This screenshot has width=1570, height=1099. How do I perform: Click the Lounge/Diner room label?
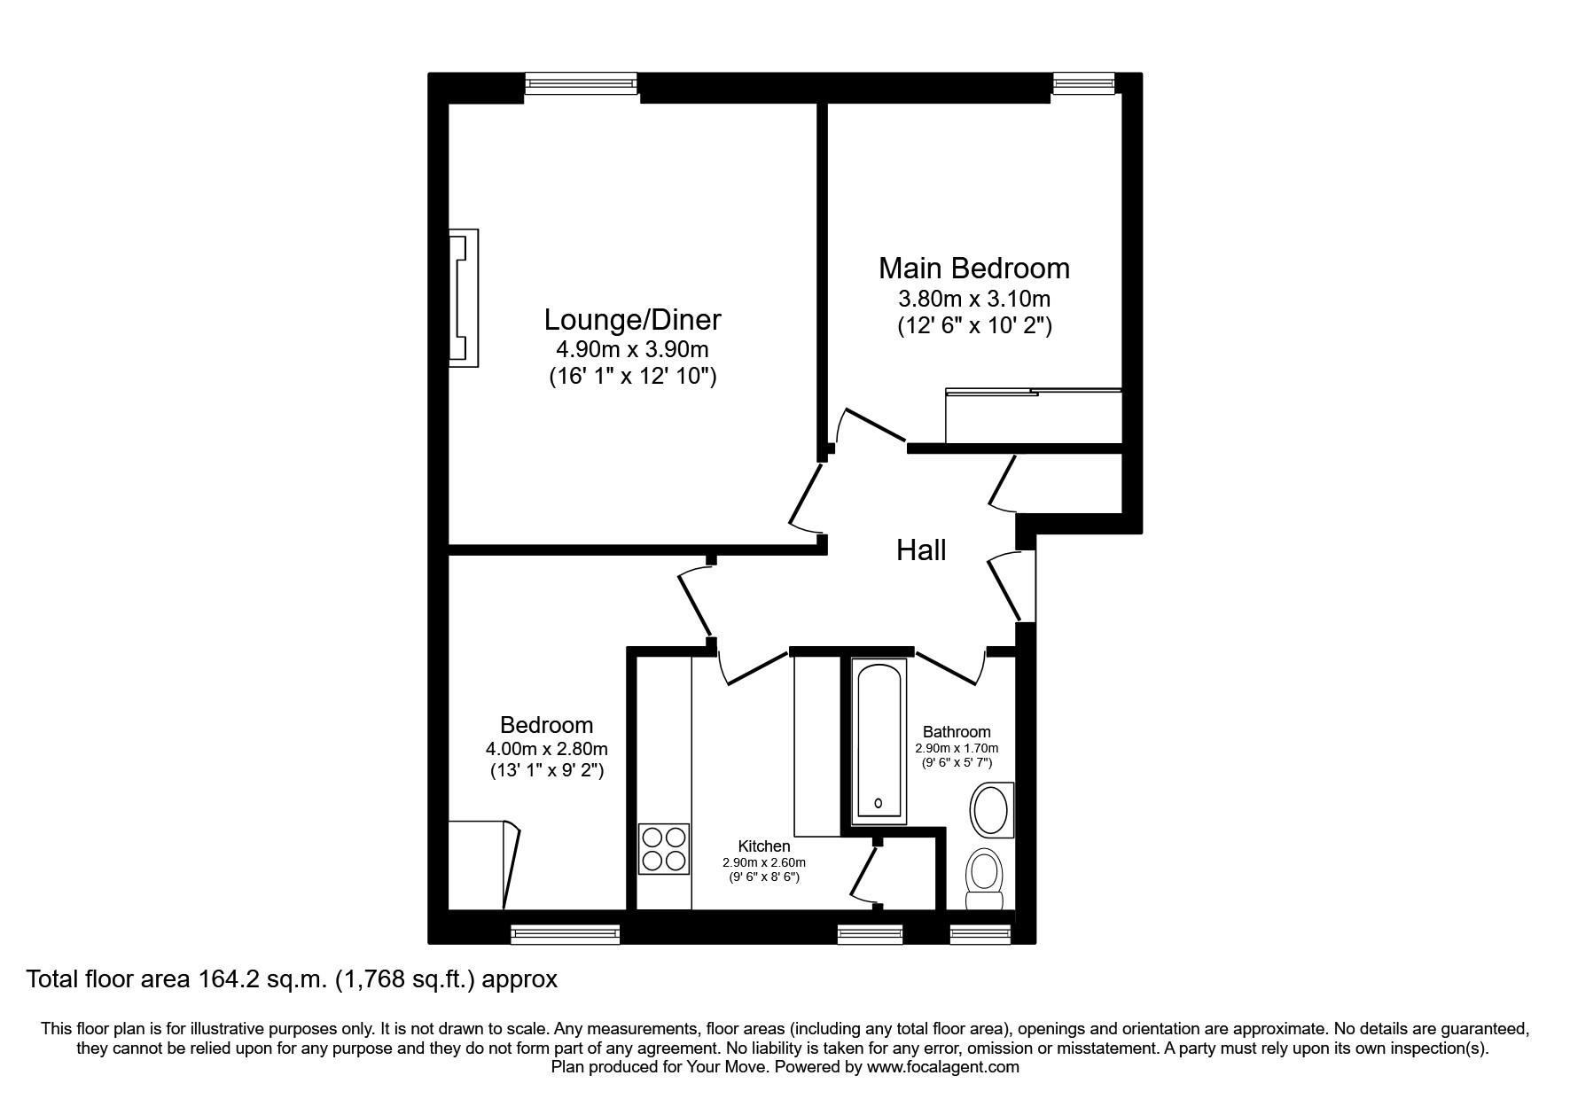pyautogui.click(x=632, y=319)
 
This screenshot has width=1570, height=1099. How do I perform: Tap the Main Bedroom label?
pyautogui.click(x=974, y=268)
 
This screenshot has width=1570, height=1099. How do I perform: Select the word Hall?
pyautogui.click(x=921, y=550)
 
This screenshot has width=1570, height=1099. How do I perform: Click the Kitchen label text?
pyautogui.click(x=764, y=846)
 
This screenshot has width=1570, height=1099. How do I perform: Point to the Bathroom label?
pyautogui.click(x=957, y=732)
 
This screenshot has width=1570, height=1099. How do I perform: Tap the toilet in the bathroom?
pyautogui.click(x=984, y=879)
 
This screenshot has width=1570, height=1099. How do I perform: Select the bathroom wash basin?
pyautogui.click(x=991, y=810)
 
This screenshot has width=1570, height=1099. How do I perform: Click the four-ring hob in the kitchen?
pyautogui.click(x=664, y=849)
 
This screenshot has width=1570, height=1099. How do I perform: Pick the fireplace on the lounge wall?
pyautogui.click(x=464, y=298)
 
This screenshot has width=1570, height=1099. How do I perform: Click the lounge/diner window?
pyautogui.click(x=581, y=83)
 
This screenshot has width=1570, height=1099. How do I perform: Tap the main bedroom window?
pyautogui.click(x=1083, y=83)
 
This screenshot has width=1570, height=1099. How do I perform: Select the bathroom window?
pyautogui.click(x=980, y=931)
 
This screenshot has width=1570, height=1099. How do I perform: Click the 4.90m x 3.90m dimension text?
pyautogui.click(x=631, y=349)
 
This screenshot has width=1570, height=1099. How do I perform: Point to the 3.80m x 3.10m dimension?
pyautogui.click(x=974, y=298)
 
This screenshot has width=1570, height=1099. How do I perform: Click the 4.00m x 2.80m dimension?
pyautogui.click(x=547, y=750)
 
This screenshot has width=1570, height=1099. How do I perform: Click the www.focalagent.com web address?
pyautogui.click(x=943, y=1067)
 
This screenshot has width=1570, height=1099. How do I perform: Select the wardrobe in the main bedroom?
pyautogui.click(x=1034, y=415)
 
